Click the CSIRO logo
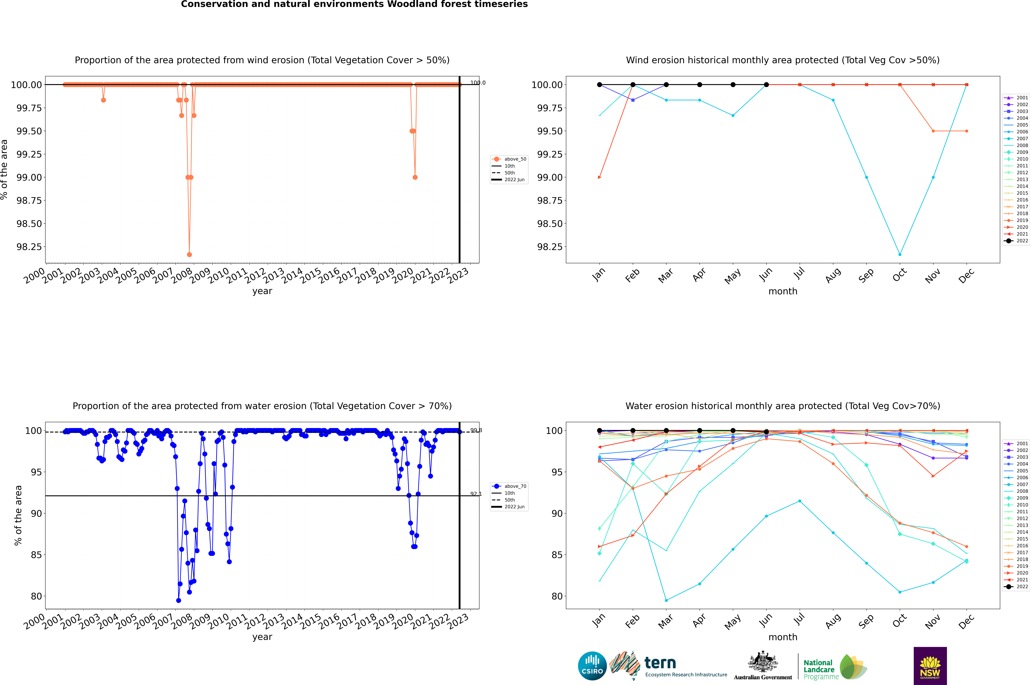point(592,666)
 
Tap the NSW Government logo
point(930,666)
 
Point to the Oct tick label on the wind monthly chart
point(900,275)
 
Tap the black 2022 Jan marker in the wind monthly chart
point(600,85)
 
